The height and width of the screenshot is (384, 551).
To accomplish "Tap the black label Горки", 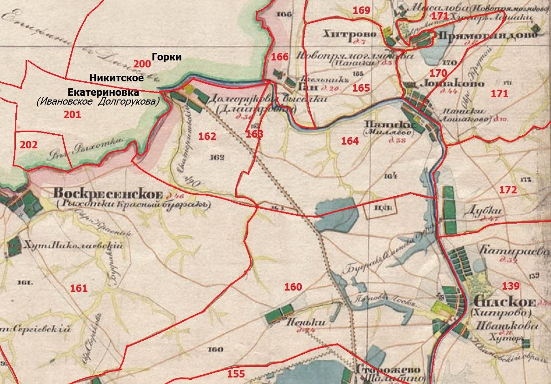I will [x=166, y=57].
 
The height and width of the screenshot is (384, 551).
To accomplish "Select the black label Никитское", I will [x=116, y=78].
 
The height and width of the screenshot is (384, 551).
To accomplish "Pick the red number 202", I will [x=29, y=145].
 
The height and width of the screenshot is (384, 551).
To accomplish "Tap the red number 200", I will [x=142, y=64].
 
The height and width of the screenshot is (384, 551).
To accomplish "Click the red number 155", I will [x=236, y=373].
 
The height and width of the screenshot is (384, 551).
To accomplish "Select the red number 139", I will [x=511, y=285].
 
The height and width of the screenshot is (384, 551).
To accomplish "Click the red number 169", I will [x=361, y=10].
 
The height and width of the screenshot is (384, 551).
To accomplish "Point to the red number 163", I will [x=254, y=134].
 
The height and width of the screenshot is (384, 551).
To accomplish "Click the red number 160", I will [x=293, y=287].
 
